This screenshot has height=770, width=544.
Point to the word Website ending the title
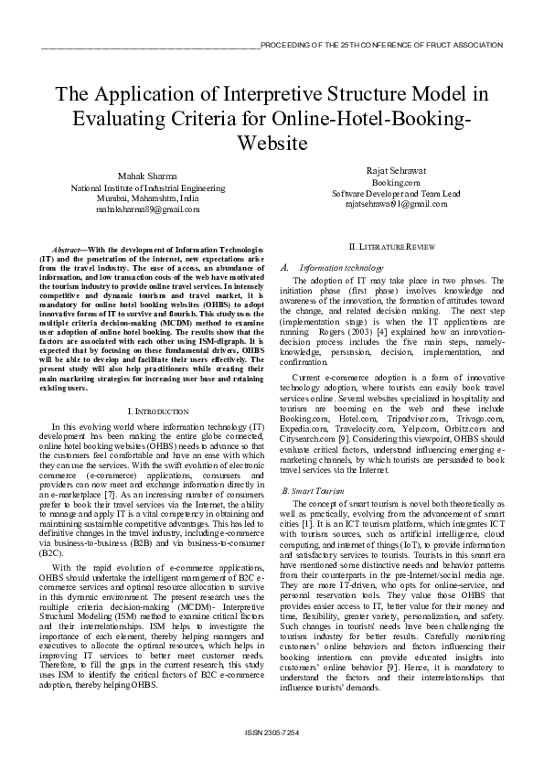(272, 144)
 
